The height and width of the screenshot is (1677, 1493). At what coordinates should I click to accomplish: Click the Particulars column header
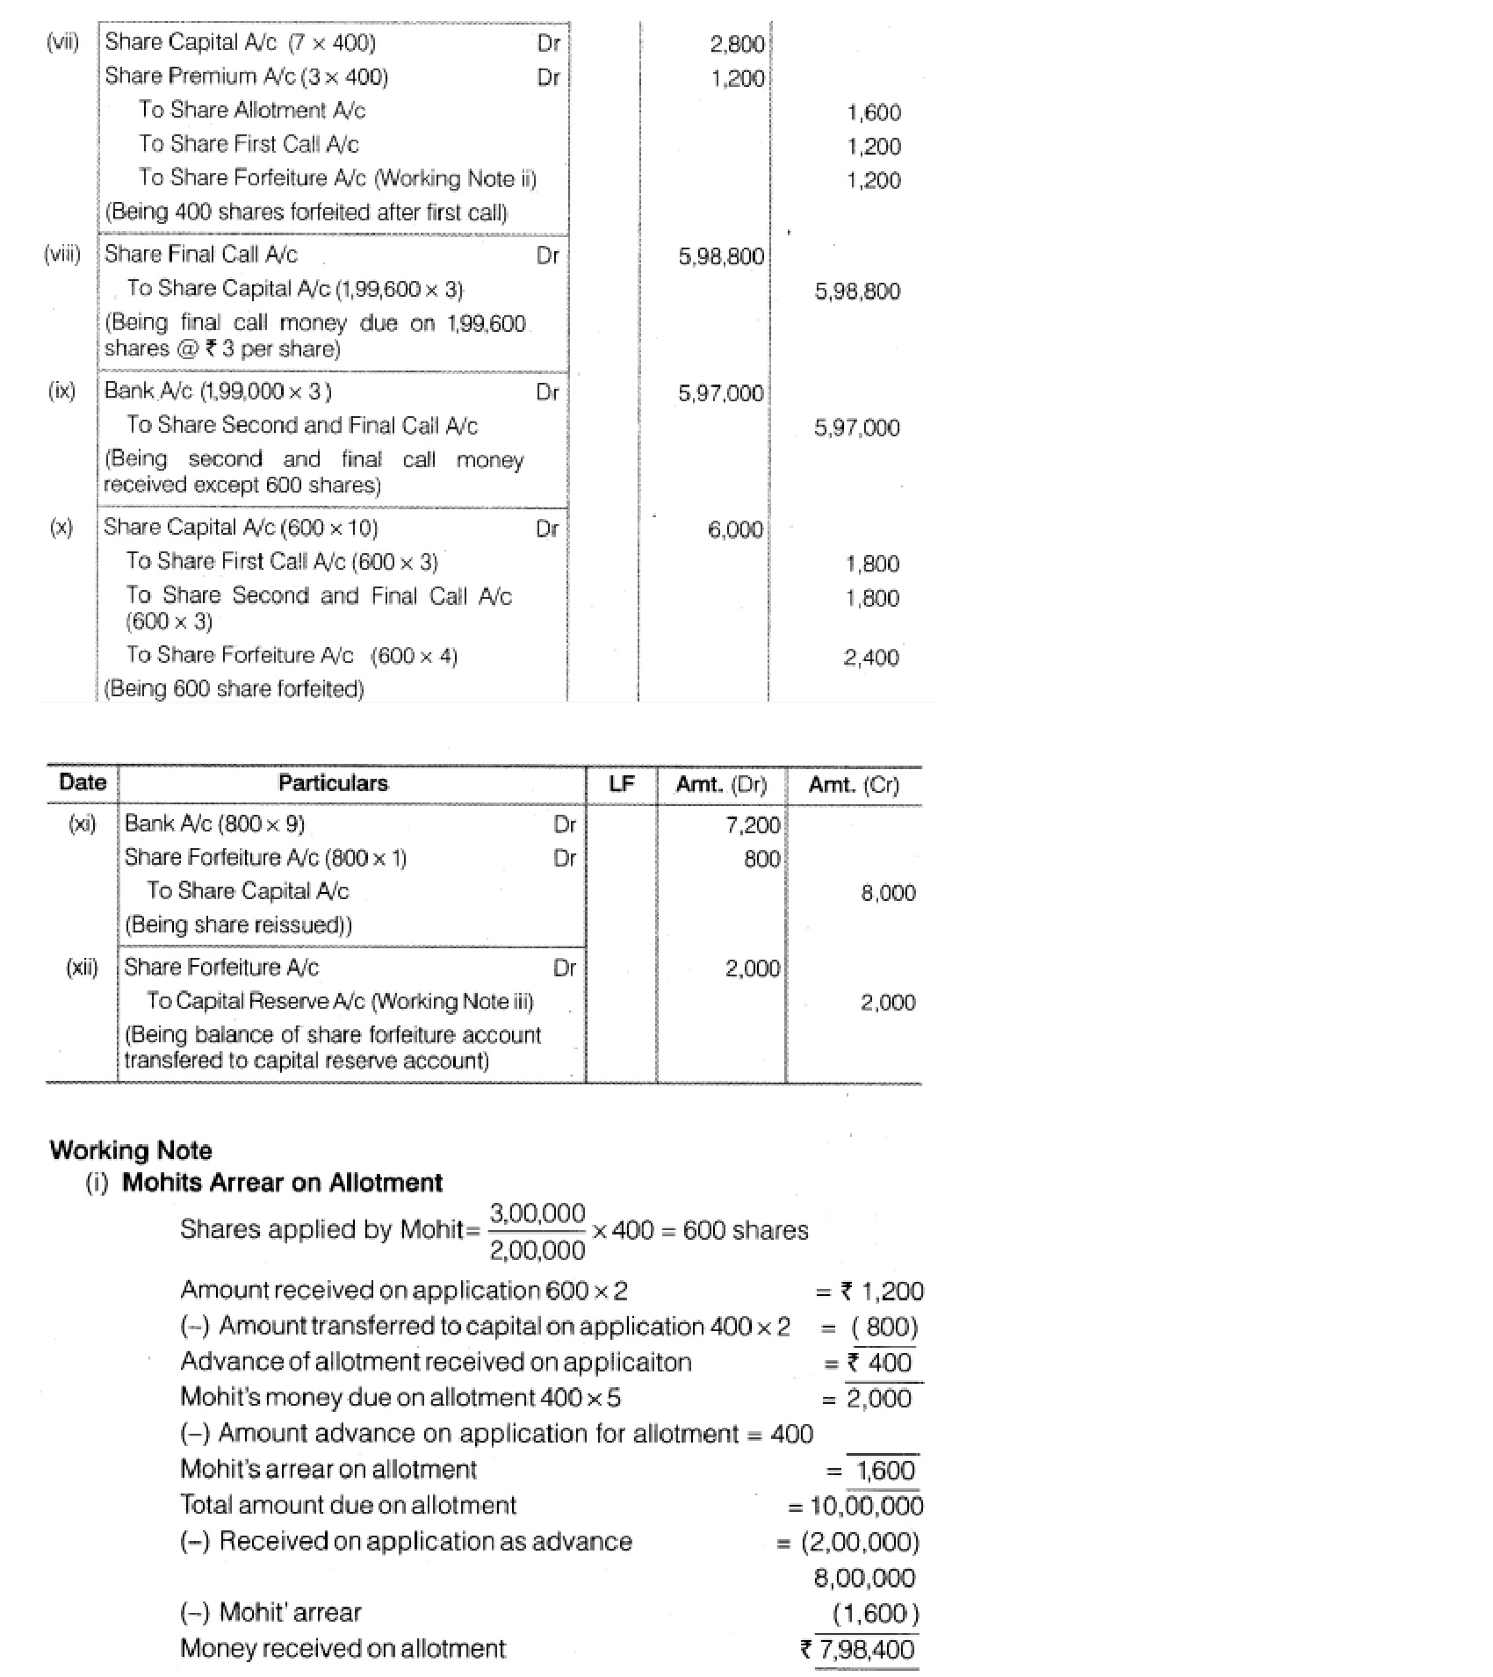[333, 783]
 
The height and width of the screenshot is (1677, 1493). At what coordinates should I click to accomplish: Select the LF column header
[621, 783]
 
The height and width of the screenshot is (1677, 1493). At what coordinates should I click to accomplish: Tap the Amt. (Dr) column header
[721, 784]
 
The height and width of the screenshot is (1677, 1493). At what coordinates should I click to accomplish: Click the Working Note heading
[131, 1150]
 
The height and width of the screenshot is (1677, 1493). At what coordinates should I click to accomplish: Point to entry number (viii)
[61, 255]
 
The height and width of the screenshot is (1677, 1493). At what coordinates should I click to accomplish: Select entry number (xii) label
[82, 968]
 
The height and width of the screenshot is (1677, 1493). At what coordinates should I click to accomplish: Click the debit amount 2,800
[737, 44]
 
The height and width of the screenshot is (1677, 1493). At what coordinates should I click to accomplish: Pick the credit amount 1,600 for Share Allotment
[874, 112]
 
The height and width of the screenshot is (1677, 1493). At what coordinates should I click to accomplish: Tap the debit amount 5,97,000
[720, 393]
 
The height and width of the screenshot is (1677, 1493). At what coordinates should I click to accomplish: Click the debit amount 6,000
[735, 529]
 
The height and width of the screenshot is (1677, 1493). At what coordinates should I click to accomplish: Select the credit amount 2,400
[871, 658]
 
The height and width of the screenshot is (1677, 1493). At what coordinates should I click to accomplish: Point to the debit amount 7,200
[753, 824]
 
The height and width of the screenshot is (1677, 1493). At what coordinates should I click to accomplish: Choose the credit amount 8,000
[888, 893]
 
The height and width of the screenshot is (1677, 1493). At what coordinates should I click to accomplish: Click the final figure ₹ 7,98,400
[858, 1649]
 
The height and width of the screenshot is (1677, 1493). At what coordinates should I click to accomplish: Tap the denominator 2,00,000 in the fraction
[537, 1249]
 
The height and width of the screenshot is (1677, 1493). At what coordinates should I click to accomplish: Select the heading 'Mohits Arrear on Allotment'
[282, 1183]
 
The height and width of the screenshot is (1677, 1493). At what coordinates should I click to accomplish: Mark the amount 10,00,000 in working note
[866, 1507]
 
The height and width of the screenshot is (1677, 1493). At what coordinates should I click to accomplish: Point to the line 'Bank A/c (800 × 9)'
[214, 824]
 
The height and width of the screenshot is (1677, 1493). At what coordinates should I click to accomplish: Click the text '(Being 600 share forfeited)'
[234, 689]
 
